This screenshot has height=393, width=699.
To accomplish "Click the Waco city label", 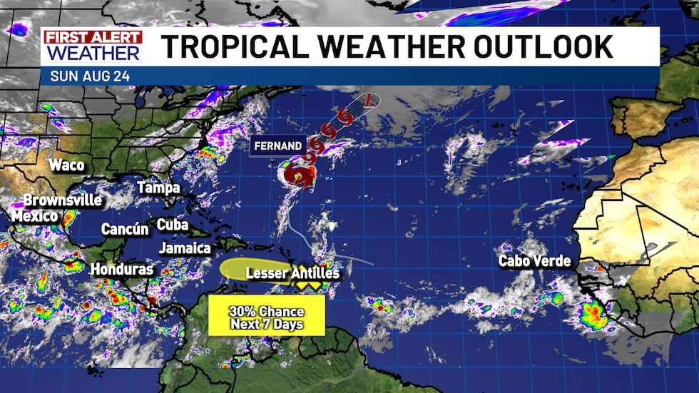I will [67, 165].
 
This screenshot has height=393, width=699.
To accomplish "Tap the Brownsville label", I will [63, 200].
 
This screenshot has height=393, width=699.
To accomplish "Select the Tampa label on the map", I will [158, 188].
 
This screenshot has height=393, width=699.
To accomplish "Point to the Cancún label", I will [125, 230].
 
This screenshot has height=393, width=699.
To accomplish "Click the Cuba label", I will [172, 225].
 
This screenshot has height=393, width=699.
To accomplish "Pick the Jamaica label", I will [185, 248].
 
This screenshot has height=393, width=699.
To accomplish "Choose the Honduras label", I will [122, 270].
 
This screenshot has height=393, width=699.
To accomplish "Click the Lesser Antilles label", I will [292, 273].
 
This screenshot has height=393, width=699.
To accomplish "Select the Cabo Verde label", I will [535, 261].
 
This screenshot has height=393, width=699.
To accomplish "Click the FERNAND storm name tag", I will [278, 146].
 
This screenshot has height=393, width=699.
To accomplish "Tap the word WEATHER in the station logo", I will [93, 53].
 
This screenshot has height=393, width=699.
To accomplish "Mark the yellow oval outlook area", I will [248, 270].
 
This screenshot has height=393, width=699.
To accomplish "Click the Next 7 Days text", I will [267, 325].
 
